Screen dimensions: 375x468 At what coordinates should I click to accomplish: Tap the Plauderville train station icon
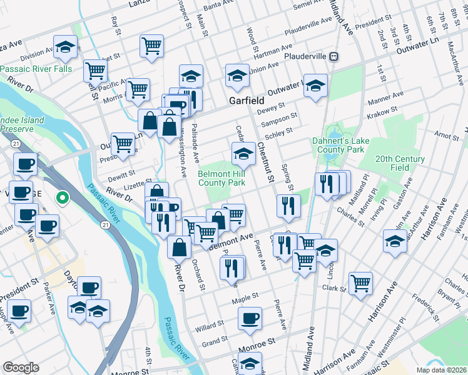coord(335,56)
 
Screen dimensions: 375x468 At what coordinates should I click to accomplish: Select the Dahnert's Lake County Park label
coord(338,146)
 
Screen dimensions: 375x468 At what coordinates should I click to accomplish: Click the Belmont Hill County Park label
coord(221,178)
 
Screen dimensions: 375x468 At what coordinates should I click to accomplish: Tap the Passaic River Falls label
coord(36,69)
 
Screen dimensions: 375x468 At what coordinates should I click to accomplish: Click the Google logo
coord(21,367)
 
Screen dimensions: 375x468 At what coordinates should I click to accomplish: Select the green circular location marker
coord(62,199)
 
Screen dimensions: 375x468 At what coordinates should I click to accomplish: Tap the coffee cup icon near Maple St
coord(250,318)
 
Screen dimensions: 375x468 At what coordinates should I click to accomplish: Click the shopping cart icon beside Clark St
coord(360,282)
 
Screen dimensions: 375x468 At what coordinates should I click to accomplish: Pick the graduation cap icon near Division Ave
coord(64,46)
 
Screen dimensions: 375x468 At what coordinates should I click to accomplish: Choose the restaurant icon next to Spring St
coord(288,206)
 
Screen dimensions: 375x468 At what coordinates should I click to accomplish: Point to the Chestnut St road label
coord(266,162)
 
